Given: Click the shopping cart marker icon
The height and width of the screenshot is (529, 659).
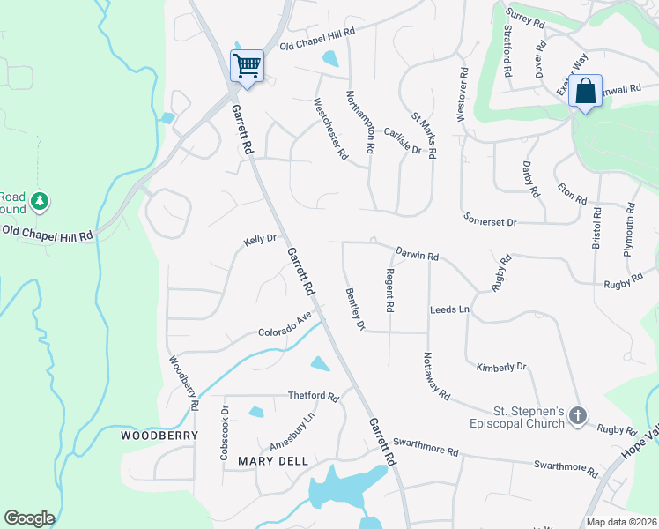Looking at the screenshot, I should pos(247,65).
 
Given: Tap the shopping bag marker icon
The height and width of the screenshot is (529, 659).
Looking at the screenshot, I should pos(585,91).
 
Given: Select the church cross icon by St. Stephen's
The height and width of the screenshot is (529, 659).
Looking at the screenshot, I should pos(578,416).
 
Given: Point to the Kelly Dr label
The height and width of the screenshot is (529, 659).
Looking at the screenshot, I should pos(260,239).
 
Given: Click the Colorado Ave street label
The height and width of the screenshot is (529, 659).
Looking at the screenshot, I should pos(285,327).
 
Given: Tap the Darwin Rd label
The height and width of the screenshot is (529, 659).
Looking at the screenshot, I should pos(417,254).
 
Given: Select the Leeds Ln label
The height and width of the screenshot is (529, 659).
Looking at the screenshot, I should pos(449,310).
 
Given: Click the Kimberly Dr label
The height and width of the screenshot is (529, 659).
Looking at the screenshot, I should pos(500,367).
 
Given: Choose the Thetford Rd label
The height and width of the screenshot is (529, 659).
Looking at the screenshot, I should pos(313,397).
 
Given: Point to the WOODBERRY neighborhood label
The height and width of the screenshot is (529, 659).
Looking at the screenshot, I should pos(153,436).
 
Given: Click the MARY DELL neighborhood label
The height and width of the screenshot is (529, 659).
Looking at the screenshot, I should pos(267,461).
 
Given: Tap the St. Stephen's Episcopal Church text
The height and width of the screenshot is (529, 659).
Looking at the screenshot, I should pos(529,417).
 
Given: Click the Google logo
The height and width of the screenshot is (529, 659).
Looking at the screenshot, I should pos(29,518).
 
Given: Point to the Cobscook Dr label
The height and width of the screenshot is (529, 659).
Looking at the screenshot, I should pos(225,434).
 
